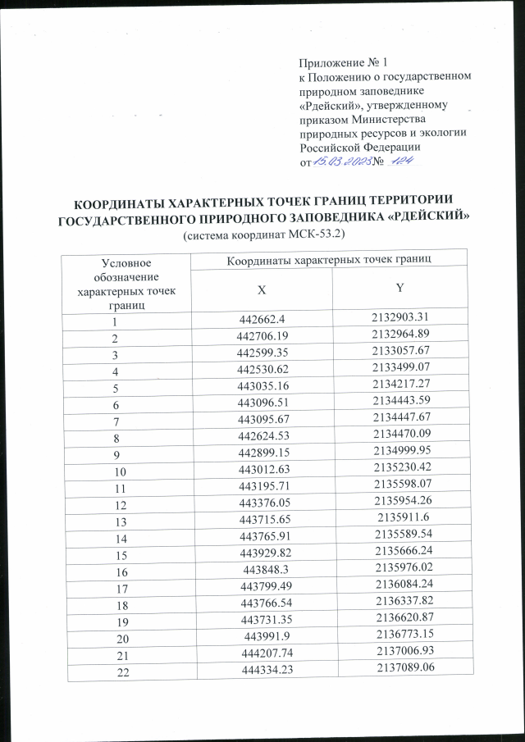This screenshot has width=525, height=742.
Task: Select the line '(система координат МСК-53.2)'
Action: [263, 234]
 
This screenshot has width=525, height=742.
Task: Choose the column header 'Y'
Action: [399, 288]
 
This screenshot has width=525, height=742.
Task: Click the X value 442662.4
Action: [261, 320]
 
